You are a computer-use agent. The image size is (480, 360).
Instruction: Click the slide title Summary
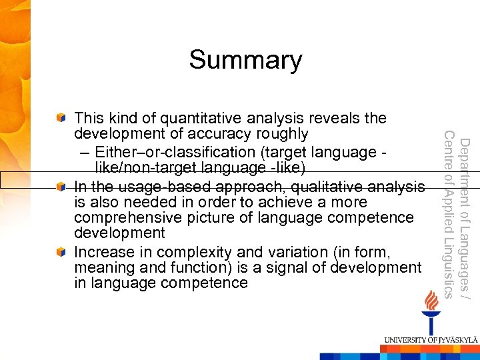[x=245, y=60]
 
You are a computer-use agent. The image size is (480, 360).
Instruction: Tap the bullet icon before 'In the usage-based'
[x=61, y=185]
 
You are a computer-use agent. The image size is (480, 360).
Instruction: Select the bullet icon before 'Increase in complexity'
[x=61, y=252]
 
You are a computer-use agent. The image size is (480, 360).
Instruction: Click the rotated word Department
[x=465, y=171]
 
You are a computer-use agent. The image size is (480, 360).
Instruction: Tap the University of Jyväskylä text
[x=430, y=340]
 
